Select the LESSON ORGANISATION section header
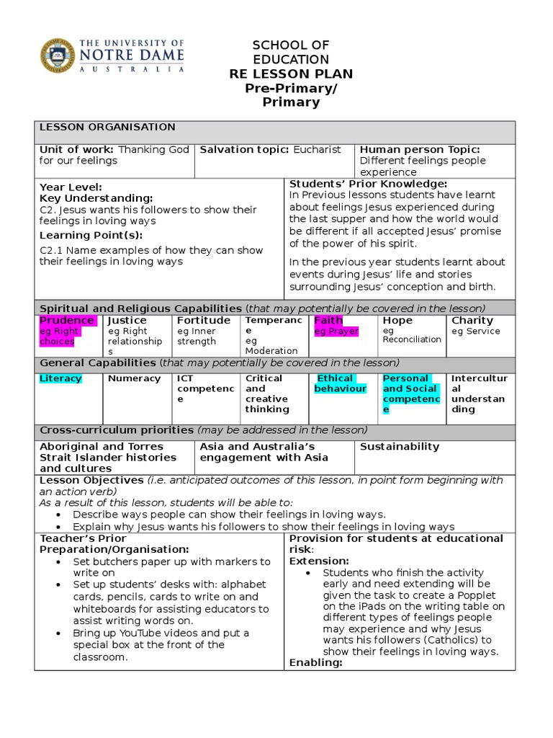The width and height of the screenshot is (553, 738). point(107,127)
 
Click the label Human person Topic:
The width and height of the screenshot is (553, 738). point(420,149)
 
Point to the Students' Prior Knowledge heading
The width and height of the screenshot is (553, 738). point(368,184)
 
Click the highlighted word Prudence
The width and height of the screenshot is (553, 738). point(66,320)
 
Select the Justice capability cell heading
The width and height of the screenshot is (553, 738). point(127,320)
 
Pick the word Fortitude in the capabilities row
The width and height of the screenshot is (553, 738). point(204,320)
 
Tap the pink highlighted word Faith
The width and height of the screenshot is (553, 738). point(328,320)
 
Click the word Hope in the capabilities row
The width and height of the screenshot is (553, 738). point(397,320)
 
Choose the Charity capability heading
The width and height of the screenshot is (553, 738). point(472,320)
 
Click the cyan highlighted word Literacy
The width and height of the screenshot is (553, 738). point(60,378)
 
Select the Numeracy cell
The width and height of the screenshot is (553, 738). point(134,378)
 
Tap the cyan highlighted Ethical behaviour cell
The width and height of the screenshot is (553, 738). point(340,383)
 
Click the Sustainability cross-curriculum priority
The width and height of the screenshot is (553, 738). point(399,447)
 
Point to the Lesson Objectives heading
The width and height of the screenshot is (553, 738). point(91,480)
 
